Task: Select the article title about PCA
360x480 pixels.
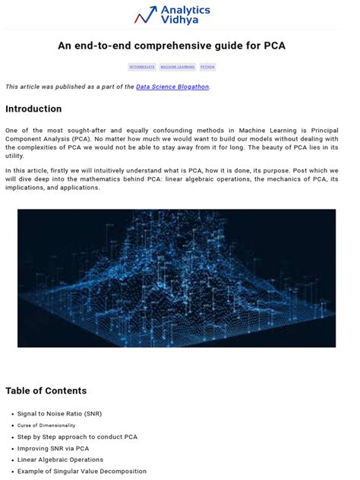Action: coord(172,46)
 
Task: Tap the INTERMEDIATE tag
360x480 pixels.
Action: coord(142,67)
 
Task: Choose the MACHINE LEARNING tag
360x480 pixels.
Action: coord(178,67)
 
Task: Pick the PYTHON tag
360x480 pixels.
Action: coord(208,67)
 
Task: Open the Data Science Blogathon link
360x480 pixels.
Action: coord(172,87)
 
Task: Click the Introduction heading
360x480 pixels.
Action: coord(33,109)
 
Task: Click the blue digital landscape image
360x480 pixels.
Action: coord(176,278)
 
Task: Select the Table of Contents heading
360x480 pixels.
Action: coord(46,391)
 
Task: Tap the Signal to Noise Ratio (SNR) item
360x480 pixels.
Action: coord(59,414)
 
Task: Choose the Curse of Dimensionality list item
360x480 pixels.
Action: coord(46,425)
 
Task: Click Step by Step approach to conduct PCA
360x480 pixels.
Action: coord(77,437)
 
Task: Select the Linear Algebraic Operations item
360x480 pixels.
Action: coord(61,459)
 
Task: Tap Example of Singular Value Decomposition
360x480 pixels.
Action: coord(82,471)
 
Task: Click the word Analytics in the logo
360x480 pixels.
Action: coord(185,11)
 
